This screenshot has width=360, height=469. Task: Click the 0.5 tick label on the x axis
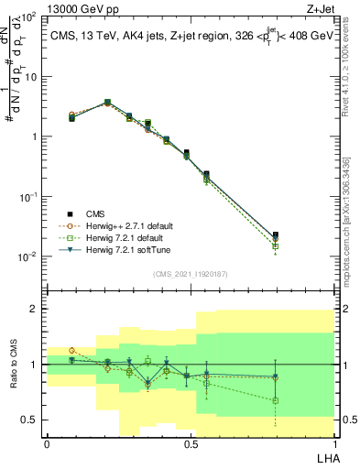point(191,443)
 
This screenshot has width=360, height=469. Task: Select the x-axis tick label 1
point(334,443)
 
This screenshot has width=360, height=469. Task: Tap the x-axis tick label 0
point(47,443)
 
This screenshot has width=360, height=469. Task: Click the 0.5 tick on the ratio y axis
point(29,420)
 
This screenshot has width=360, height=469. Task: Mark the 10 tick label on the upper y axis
point(30,76)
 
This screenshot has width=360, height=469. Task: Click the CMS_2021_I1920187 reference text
point(191,274)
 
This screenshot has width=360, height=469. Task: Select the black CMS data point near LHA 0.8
point(276,235)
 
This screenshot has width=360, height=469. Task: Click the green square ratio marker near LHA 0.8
point(276,400)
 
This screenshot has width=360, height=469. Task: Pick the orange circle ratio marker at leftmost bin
point(72,350)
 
